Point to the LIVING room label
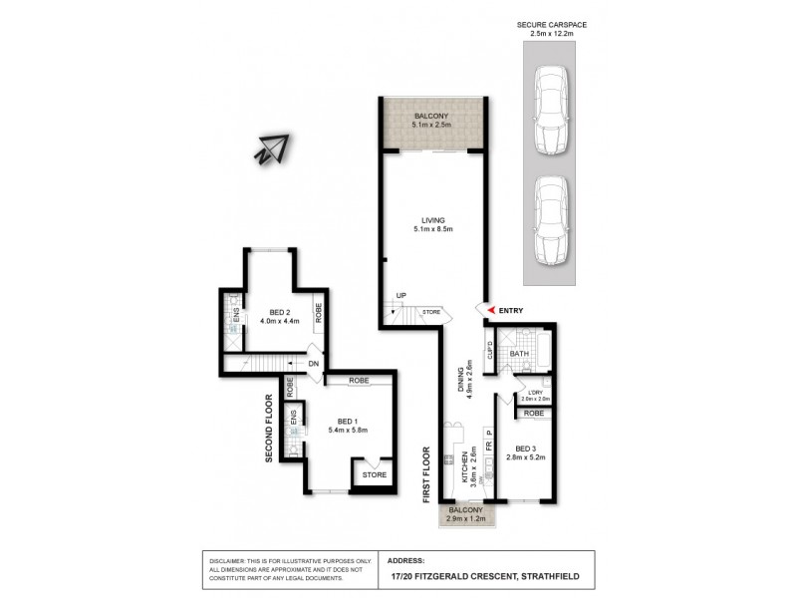click(432, 219)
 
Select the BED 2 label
click(274, 310)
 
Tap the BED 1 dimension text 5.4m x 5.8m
click(349, 430)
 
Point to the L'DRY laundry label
click(531, 392)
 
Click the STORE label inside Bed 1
click(374, 475)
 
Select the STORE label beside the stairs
click(430, 312)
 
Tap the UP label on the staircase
click(400, 296)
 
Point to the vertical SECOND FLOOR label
click(269, 430)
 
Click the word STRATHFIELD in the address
click(547, 576)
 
